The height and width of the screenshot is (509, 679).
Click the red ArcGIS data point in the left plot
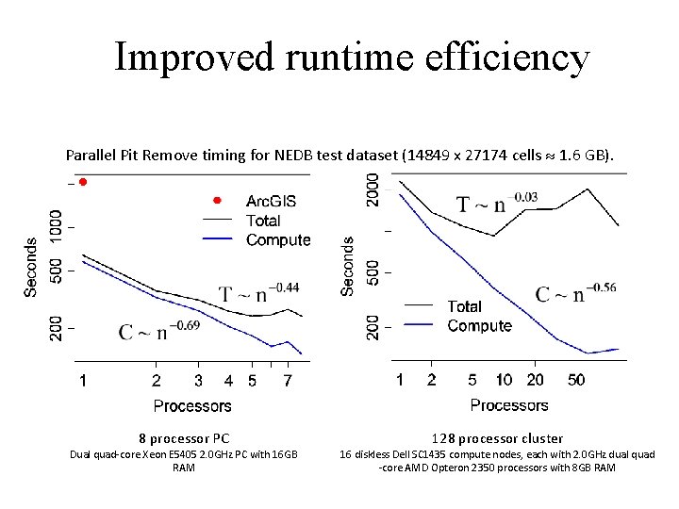coord(83,181)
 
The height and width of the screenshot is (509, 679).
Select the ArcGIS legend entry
coord(271,201)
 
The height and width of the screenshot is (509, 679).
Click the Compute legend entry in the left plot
coord(277,239)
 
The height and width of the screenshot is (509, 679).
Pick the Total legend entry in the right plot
coord(464,306)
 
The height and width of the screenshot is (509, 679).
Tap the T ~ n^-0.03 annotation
coord(497,203)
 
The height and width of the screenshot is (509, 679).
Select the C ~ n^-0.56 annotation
coord(575,291)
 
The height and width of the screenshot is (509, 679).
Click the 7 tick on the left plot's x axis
coord(287,381)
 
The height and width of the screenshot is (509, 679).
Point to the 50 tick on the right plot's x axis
coord(576,380)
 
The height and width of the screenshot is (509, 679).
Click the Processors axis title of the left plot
coord(191,405)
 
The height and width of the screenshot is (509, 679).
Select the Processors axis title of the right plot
coord(508,405)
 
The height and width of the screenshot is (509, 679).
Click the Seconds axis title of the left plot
coord(31,267)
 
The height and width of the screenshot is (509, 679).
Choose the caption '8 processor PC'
coord(184,437)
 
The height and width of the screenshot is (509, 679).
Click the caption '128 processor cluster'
coord(497,437)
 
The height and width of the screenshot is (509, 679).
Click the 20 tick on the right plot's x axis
coord(535,380)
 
